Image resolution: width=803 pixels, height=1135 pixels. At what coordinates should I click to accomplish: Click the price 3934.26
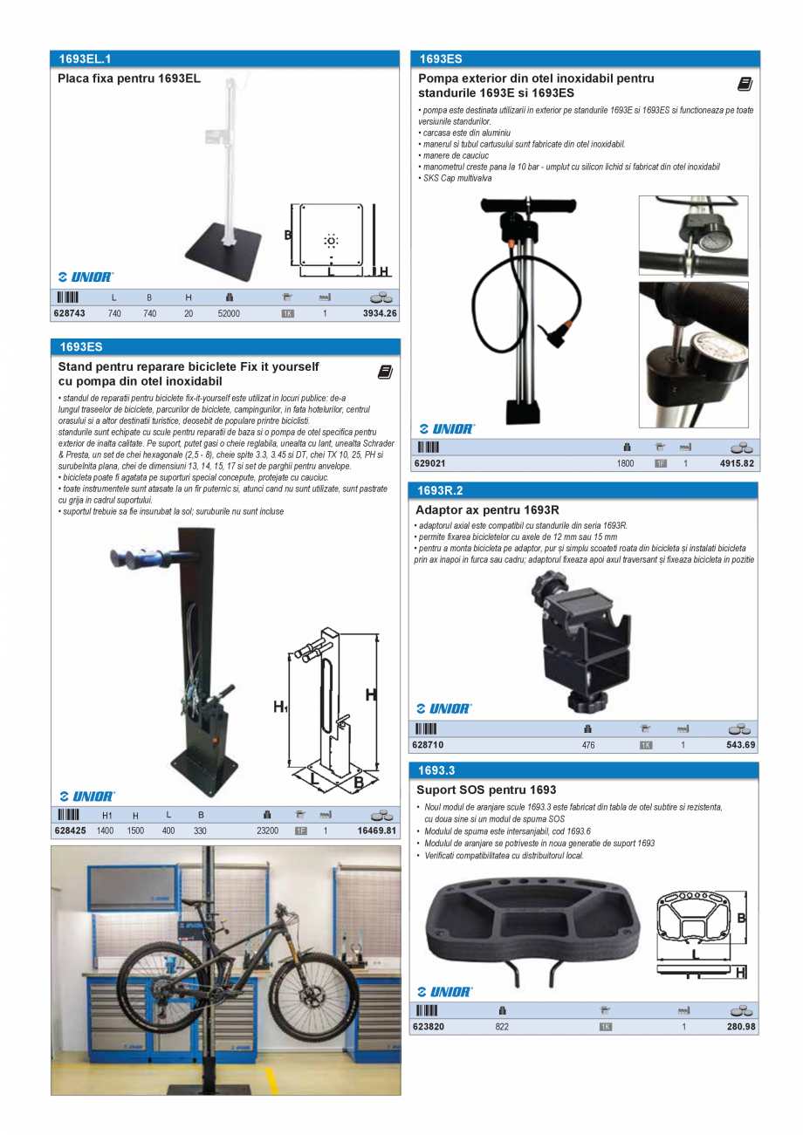pyautogui.click(x=380, y=313)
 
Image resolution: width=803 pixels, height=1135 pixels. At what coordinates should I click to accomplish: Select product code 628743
pyautogui.click(x=70, y=313)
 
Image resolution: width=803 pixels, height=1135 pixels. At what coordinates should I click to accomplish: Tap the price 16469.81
pyautogui.click(x=377, y=831)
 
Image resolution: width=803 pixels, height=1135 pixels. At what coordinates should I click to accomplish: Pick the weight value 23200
pyautogui.click(x=267, y=831)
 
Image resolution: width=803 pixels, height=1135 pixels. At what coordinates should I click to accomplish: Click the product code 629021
pyautogui.click(x=429, y=463)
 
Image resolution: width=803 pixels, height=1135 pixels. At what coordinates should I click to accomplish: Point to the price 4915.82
pyautogui.click(x=737, y=463)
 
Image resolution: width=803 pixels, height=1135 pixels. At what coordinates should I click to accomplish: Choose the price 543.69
pyautogui.click(x=741, y=745)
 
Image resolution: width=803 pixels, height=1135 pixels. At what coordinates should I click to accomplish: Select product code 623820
pyautogui.click(x=429, y=1027)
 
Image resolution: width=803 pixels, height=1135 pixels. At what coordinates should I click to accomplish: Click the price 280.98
pyautogui.click(x=741, y=1027)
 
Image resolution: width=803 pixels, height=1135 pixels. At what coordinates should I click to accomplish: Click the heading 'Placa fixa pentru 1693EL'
pyautogui.click(x=129, y=79)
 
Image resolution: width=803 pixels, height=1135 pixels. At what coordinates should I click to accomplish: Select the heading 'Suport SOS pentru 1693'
pyautogui.click(x=486, y=790)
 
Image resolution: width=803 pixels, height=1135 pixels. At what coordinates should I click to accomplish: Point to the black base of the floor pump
pyautogui.click(x=529, y=411)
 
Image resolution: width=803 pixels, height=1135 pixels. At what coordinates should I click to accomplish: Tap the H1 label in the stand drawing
pyautogui.click(x=280, y=707)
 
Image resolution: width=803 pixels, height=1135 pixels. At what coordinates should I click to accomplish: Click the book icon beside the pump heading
pyautogui.click(x=745, y=84)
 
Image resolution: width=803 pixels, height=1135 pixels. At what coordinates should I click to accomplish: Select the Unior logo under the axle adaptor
pyautogui.click(x=445, y=709)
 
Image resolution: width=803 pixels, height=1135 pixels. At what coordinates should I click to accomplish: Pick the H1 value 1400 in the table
pyautogui.click(x=106, y=831)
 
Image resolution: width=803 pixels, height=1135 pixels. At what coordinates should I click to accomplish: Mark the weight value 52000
pyautogui.click(x=229, y=313)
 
